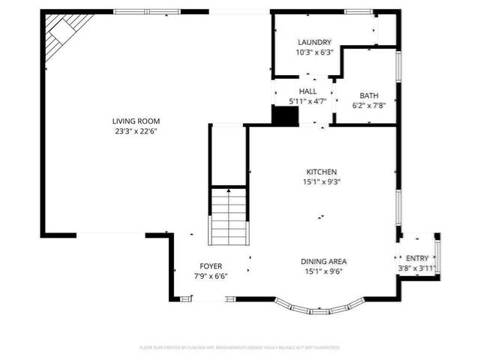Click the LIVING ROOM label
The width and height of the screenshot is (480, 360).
(136, 121)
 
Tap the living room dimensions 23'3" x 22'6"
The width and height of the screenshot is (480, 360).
(136, 130)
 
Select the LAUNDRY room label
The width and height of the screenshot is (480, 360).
(314, 43)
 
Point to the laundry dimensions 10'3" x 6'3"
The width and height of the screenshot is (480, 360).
(314, 52)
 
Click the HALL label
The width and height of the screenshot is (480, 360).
(308, 90)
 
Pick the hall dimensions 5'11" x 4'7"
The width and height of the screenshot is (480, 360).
(308, 100)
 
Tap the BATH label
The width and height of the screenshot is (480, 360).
(369, 95)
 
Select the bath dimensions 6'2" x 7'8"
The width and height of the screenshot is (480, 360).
(369, 105)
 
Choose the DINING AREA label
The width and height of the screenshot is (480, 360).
(324, 261)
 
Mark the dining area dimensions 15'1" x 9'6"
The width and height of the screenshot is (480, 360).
(324, 271)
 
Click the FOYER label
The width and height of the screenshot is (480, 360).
(211, 266)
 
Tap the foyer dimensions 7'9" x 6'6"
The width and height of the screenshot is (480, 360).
(211, 276)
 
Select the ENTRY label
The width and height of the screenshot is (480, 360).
(418, 259)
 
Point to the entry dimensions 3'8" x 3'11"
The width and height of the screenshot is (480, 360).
(418, 268)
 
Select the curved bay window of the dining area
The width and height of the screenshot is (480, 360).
(319, 308)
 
